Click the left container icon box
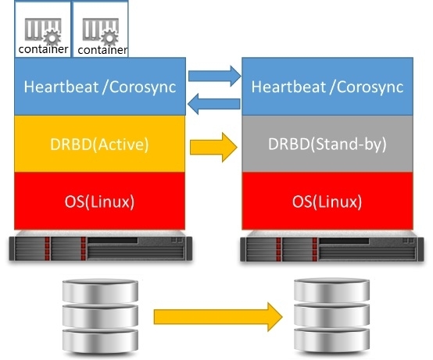coord(43,29)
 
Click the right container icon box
coord(101,29)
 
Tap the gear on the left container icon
coord(52,37)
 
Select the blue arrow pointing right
coord(215,76)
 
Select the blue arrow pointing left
coord(213,104)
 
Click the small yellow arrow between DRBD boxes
coord(213,147)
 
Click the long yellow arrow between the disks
coord(218,317)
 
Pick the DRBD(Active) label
coord(99,144)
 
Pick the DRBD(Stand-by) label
coord(327,144)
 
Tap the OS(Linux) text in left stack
coord(99,201)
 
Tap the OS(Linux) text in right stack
coord(327,201)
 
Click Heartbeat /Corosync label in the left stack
coord(100,87)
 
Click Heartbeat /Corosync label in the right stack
coord(327,87)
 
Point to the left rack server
coord(101,246)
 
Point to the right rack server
coord(332,246)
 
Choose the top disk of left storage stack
coord(100,290)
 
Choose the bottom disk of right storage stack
coord(331,340)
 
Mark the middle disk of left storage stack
coord(100,315)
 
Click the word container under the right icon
coord(102,50)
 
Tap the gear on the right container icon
coord(109,37)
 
